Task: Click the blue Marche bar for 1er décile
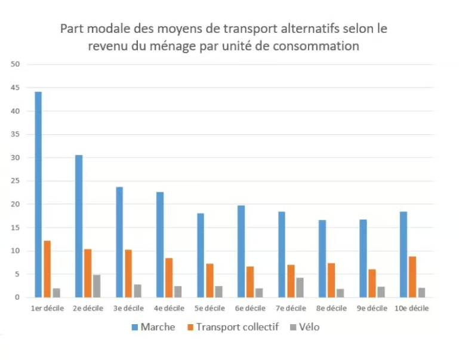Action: coord(38,194)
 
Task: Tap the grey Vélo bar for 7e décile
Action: coord(300,287)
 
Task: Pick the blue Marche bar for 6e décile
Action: coord(241,251)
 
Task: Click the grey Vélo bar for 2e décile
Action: coord(97,286)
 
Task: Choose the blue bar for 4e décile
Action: coord(160,244)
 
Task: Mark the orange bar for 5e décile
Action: coord(210,280)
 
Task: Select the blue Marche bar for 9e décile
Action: coord(363,258)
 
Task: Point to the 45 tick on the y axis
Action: coord(15,88)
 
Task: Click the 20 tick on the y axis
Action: coord(15,204)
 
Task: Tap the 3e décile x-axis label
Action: coord(128,308)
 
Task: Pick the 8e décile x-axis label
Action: coord(331,308)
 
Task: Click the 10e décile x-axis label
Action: coord(412,308)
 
